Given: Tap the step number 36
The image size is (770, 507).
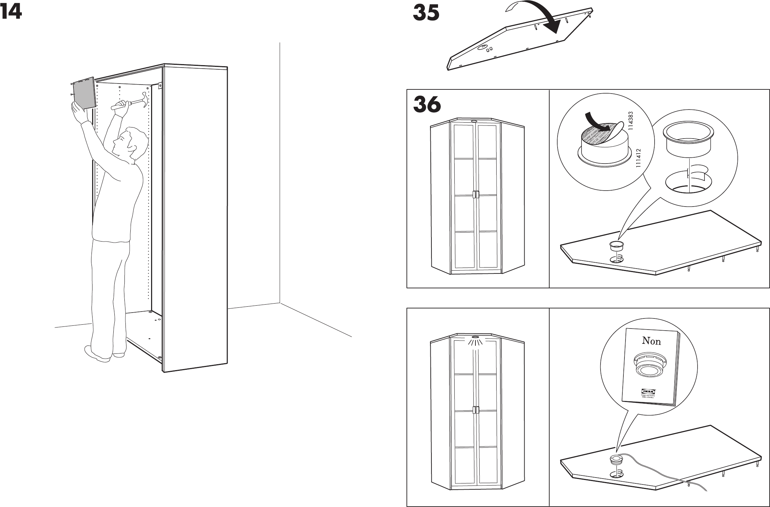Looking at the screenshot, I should [427, 105].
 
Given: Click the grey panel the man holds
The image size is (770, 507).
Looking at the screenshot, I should [84, 93].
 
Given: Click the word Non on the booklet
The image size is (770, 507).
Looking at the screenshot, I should [651, 341].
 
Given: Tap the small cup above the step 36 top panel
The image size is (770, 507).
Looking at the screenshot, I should [616, 246].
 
